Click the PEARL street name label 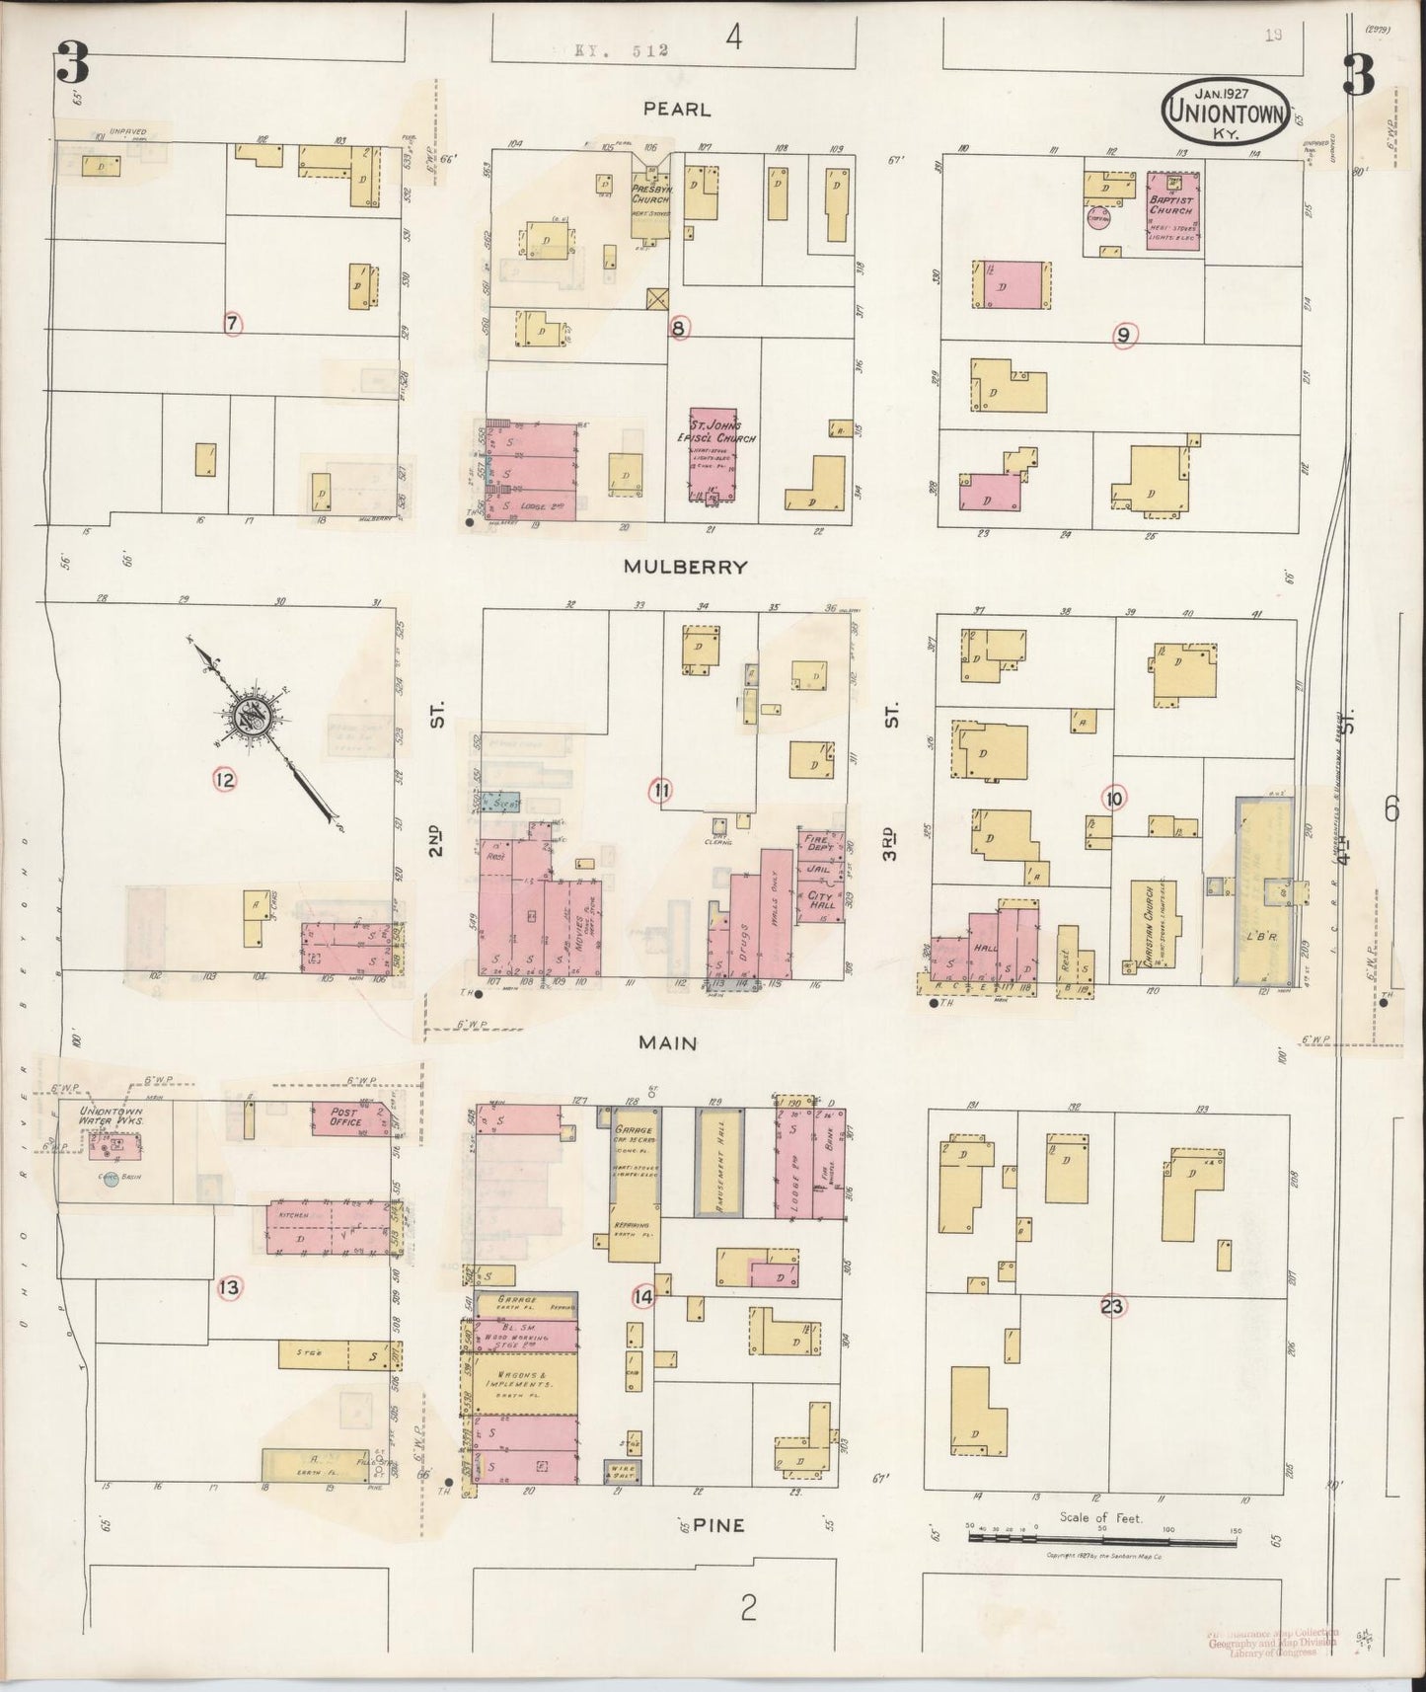point(677,109)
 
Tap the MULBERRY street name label point(684,568)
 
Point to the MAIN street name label point(667,1042)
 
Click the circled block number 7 point(233,323)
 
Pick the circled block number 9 point(1122,336)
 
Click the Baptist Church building point(1172,211)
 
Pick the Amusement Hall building point(717,1166)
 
